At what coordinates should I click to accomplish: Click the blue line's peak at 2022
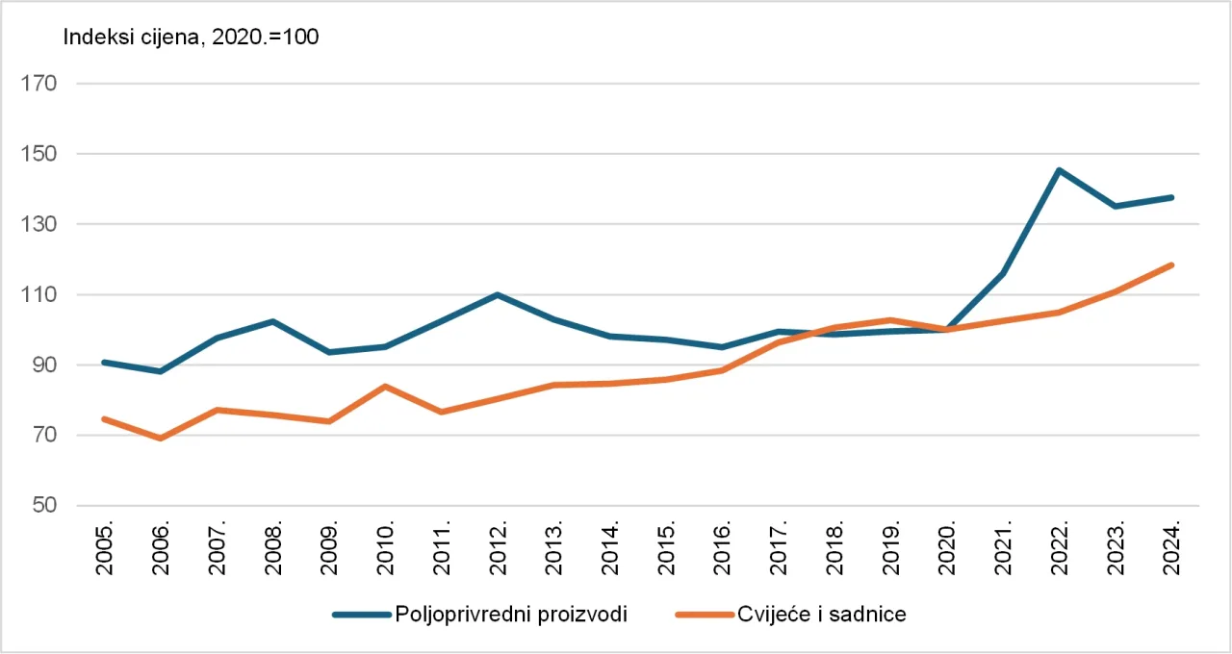pyautogui.click(x=1059, y=170)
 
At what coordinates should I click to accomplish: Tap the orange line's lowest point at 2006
pyautogui.click(x=160, y=439)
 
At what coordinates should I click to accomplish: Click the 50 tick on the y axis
pyautogui.click(x=43, y=506)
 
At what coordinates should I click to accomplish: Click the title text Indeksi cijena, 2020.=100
pyautogui.click(x=191, y=38)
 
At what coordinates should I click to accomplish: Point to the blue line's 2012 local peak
pyautogui.click(x=497, y=294)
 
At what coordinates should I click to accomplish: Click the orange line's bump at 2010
pyautogui.click(x=385, y=386)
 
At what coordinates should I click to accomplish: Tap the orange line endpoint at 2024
pyautogui.click(x=1171, y=264)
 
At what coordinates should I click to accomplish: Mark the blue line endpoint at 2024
pyautogui.click(x=1171, y=197)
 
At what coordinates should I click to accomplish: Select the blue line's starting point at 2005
pyautogui.click(x=104, y=362)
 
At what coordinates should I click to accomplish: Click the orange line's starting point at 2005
pyautogui.click(x=104, y=418)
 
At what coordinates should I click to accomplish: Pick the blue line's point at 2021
pyautogui.click(x=1003, y=274)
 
